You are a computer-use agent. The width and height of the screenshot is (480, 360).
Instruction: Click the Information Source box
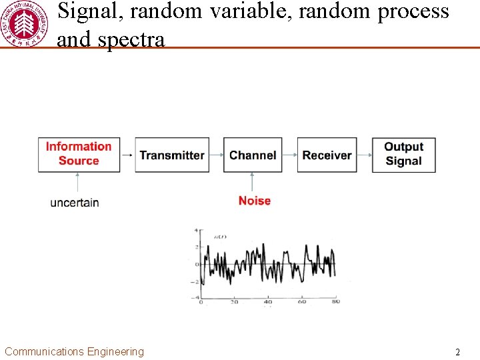coord(79,155)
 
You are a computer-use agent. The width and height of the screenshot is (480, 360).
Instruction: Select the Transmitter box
coord(172,155)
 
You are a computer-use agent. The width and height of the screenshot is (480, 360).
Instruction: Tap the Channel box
coord(253,155)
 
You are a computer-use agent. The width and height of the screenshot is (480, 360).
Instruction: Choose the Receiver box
coord(327,155)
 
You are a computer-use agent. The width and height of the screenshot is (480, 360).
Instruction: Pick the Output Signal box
coord(403,155)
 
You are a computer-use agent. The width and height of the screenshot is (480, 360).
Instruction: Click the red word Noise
coord(255,201)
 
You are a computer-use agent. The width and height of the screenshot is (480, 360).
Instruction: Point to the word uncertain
coord(75,203)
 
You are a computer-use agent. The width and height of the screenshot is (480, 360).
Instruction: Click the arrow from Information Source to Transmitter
coord(127,155)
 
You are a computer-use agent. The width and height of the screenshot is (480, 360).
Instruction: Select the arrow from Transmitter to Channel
coord(216,155)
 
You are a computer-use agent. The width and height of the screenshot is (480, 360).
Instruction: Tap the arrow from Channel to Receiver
coord(289,155)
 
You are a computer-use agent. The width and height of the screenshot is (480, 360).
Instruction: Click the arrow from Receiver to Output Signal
coord(364,155)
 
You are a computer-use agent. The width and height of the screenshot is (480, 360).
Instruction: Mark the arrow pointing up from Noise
coord(253,182)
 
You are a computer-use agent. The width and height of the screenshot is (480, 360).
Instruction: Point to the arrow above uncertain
coord(79,183)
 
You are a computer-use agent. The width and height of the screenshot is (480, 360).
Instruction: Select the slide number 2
coord(457,352)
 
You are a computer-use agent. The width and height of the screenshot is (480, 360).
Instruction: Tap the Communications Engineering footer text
coord(74,352)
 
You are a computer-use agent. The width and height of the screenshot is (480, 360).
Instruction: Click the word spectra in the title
coord(131,39)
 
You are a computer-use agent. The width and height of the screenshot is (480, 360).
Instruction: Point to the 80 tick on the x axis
coord(335,302)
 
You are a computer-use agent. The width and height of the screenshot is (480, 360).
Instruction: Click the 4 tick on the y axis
coord(196,231)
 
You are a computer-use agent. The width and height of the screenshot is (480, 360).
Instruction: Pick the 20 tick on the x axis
coord(234,302)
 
